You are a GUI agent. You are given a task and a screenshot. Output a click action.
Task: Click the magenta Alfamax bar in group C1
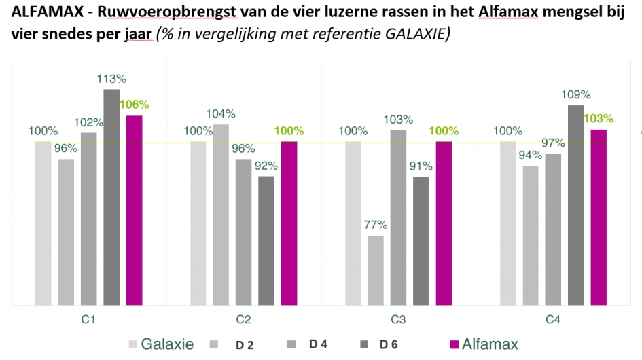click(x=135, y=211)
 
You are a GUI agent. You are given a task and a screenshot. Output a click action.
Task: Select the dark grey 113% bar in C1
click(x=111, y=197)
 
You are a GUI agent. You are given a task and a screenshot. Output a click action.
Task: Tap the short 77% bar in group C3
click(x=376, y=270)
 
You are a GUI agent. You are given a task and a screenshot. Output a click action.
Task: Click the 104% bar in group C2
click(x=221, y=215)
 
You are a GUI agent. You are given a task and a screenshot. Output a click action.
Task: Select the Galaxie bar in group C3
click(x=353, y=223)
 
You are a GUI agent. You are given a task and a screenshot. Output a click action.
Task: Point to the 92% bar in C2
click(x=266, y=240)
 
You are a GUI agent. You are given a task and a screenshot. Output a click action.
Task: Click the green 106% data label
click(x=134, y=105)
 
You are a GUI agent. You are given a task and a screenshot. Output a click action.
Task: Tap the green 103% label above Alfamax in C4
click(x=599, y=118)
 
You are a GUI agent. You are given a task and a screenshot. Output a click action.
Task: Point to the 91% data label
click(x=421, y=165)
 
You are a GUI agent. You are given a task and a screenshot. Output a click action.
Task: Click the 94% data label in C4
click(x=531, y=155)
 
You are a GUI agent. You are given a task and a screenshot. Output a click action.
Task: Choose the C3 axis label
click(x=398, y=319)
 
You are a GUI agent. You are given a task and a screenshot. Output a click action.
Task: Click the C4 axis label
click(x=553, y=319)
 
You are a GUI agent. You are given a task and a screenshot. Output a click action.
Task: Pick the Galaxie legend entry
click(x=166, y=344)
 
